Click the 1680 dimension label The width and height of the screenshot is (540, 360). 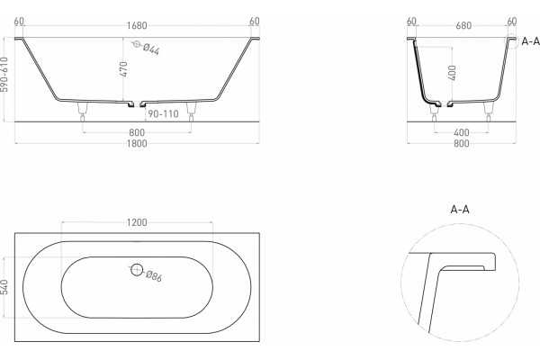[137, 25]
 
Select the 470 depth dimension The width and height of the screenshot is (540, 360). [124, 69]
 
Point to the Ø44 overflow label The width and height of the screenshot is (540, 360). [151, 49]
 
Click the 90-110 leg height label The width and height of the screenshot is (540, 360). [163, 113]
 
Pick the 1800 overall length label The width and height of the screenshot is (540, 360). [137, 143]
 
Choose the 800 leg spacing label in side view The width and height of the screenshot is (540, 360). [137, 132]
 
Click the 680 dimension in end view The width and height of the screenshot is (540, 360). [463, 25]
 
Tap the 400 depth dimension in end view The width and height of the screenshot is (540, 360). [453, 73]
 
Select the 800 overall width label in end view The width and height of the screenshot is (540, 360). [461, 143]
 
